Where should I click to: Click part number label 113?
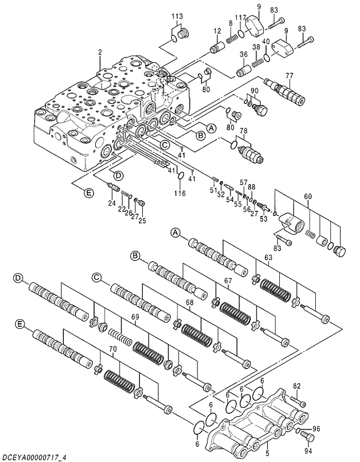(x=177, y=16)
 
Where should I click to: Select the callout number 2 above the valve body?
(x=100, y=52)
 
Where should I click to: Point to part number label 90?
(x=254, y=91)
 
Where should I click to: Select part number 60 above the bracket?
(x=308, y=196)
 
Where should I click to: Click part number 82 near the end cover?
(x=297, y=385)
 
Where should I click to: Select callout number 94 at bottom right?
(x=308, y=449)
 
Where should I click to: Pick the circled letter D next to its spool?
(x=19, y=279)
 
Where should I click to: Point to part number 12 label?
(x=217, y=31)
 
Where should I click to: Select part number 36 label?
(x=243, y=55)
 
